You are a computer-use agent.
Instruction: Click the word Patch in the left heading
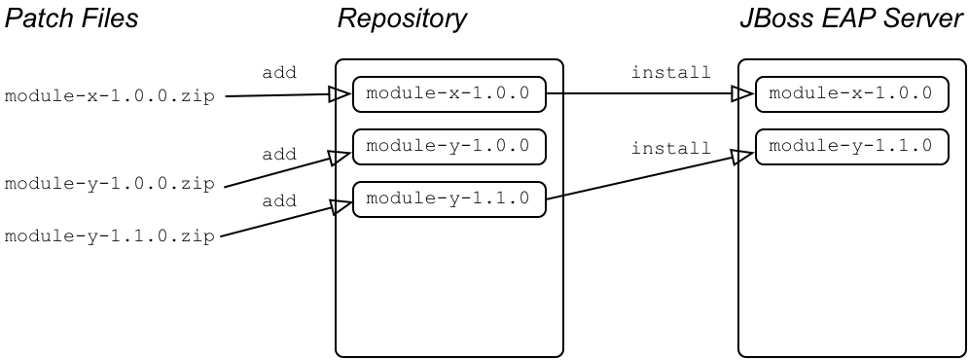pyautogui.click(x=38, y=18)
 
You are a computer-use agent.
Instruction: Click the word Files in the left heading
pyautogui.click(x=108, y=18)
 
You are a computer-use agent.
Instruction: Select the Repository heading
pyautogui.click(x=402, y=18)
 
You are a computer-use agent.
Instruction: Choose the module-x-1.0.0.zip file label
pyautogui.click(x=110, y=97)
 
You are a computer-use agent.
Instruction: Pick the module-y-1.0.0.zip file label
pyautogui.click(x=110, y=184)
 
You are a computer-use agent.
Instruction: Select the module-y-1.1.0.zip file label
pyautogui.click(x=110, y=236)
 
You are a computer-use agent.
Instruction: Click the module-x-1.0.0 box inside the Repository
pyautogui.click(x=449, y=94)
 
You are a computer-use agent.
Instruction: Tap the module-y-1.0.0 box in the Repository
pyautogui.click(x=449, y=146)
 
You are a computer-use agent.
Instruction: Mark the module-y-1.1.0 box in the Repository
pyautogui.click(x=449, y=199)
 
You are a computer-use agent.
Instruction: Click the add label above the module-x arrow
pyautogui.click(x=279, y=72)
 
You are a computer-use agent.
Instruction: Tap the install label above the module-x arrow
pyautogui.click(x=670, y=72)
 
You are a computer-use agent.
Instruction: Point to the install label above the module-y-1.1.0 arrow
pyautogui.click(x=670, y=148)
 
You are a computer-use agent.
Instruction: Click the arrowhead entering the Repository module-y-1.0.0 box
pyautogui.click(x=340, y=157)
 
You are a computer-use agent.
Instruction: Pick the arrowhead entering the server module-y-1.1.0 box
pyautogui.click(x=745, y=154)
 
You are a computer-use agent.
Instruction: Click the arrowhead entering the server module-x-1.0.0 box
pyautogui.click(x=743, y=94)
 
